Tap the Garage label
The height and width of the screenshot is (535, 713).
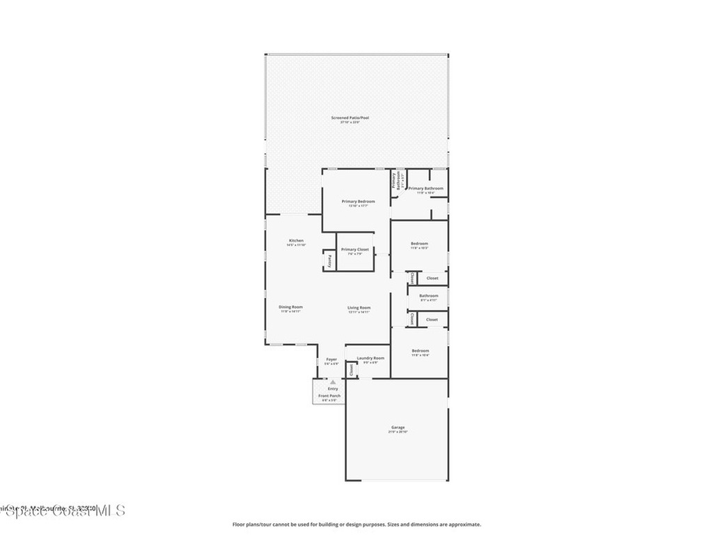[x=398, y=427]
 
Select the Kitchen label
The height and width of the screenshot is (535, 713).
[x=296, y=240]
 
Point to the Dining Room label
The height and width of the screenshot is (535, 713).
[x=290, y=307]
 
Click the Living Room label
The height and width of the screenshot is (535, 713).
[x=359, y=307]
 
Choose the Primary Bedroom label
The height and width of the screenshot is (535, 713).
[x=358, y=201]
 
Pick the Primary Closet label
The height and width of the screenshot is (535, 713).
[x=355, y=249]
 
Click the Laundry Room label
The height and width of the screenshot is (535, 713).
[x=370, y=358]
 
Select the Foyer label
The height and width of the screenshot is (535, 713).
[x=331, y=359]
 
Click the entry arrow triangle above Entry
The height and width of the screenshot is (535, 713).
[x=333, y=382]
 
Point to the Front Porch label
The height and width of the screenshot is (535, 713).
[x=329, y=396]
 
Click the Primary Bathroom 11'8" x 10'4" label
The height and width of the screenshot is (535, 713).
[x=425, y=188]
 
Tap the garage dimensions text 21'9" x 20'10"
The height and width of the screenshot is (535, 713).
[x=398, y=432]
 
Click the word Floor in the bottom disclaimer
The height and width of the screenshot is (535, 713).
[x=239, y=525]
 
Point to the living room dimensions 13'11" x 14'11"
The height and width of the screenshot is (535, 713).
[x=359, y=312]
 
